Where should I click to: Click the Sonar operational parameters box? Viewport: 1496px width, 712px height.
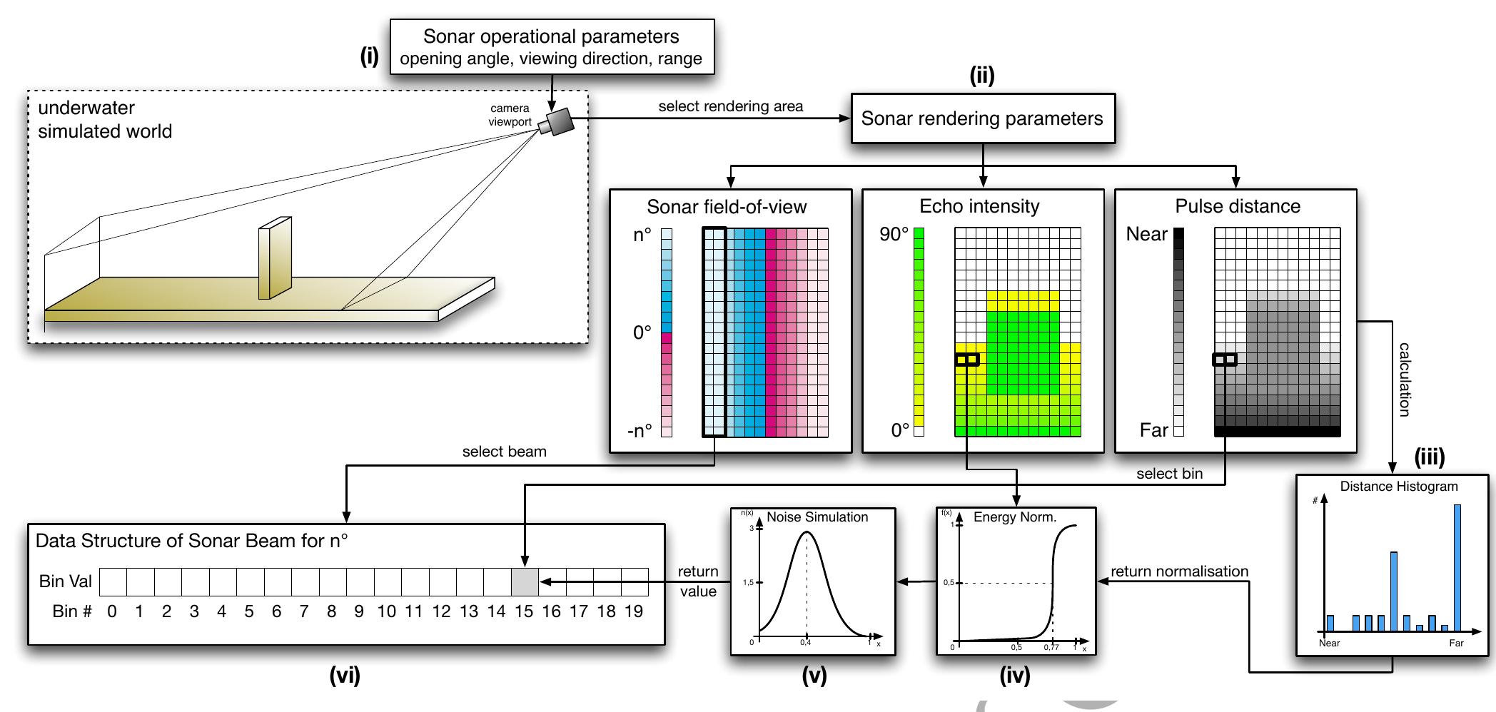click(x=552, y=46)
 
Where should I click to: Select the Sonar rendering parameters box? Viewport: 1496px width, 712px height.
click(x=982, y=118)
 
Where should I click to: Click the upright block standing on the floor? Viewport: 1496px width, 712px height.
click(x=274, y=258)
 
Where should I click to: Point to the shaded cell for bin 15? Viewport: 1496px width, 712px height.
click(x=525, y=582)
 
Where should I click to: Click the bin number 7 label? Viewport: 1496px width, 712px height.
click(x=304, y=611)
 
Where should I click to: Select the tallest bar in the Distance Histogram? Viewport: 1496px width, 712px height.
click(x=1457, y=567)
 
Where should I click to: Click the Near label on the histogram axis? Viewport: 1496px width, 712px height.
click(x=1329, y=643)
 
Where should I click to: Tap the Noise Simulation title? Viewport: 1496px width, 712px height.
click(x=817, y=517)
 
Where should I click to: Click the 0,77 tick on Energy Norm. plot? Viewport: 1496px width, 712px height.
click(x=1051, y=647)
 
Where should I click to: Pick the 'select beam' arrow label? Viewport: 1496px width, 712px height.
click(x=504, y=452)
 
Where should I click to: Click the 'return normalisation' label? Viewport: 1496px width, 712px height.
click(x=1179, y=571)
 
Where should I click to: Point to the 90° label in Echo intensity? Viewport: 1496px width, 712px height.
click(x=894, y=234)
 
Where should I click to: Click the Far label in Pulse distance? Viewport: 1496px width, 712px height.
click(x=1153, y=430)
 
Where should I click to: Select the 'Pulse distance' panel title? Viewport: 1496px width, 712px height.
click(x=1238, y=206)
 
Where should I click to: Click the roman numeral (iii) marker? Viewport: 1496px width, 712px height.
click(x=1429, y=457)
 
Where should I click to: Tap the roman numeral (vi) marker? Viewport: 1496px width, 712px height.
click(x=345, y=675)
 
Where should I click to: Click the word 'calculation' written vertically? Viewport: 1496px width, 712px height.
click(x=1403, y=379)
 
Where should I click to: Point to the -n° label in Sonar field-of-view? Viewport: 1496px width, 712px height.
click(x=640, y=431)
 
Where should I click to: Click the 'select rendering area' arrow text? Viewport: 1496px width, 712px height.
click(x=730, y=106)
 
